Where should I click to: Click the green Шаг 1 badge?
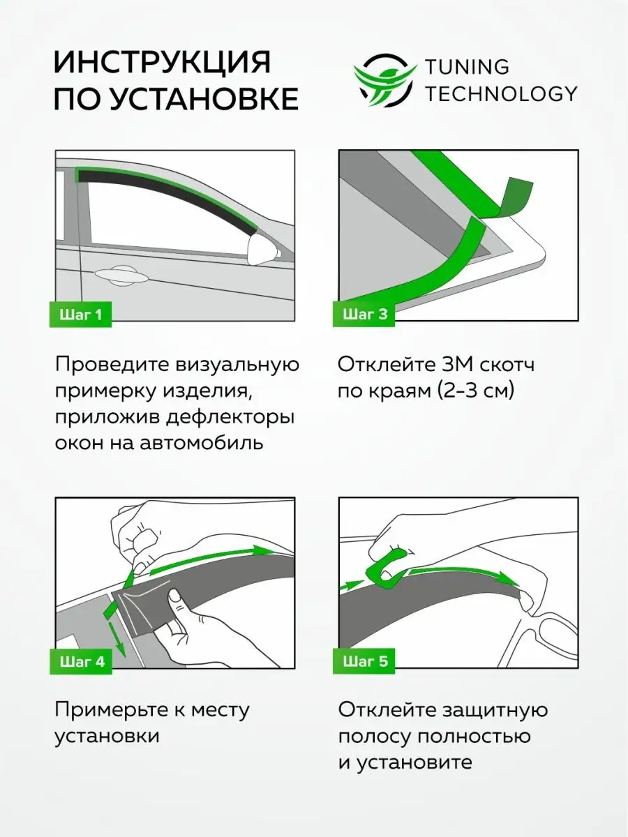click(80, 315)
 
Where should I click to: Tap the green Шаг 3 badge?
click(364, 314)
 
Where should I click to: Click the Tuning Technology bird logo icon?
click(385, 80)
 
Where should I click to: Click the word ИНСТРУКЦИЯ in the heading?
click(163, 62)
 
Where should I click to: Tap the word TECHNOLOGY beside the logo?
click(501, 94)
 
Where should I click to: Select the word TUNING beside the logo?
click(467, 67)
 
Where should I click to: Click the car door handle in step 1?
click(121, 275)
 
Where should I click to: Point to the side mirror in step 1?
click(263, 248)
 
